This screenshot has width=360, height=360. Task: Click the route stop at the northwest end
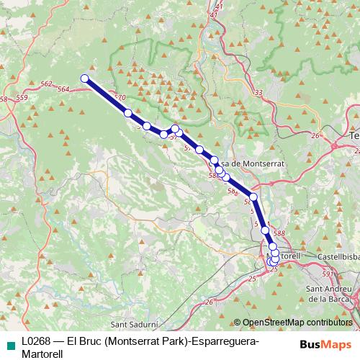pos(84,78)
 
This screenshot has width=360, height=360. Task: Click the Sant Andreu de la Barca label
pos(328,293)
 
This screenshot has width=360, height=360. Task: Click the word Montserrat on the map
pos(263,164)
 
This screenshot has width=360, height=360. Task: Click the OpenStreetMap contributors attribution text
pos(297,322)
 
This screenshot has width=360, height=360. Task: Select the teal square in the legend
pos(9,342)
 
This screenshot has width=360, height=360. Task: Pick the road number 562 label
pos(47,85)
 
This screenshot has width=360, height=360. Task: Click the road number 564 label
pos(63,90)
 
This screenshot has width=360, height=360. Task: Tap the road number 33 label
pos(258,93)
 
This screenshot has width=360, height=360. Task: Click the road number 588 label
pos(280,233)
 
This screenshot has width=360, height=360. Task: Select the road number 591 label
pos(328,274)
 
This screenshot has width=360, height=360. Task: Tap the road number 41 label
pos(214,14)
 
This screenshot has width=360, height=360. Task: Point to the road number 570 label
pos(120,97)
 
